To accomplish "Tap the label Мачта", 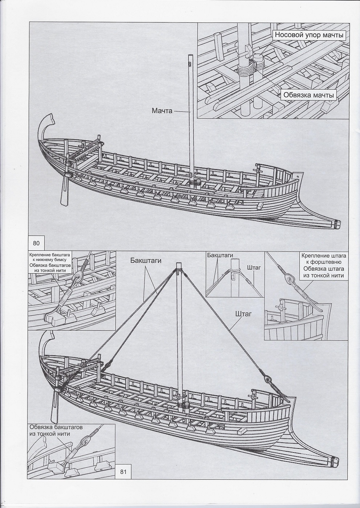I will coord(162,111).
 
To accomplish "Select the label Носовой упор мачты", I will coord(309,35).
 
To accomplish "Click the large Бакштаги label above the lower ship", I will coord(146,260).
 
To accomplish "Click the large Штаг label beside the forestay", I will coord(243,314).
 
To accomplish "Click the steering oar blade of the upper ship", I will coord(64,196).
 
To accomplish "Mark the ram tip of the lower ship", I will coord(335,462).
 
